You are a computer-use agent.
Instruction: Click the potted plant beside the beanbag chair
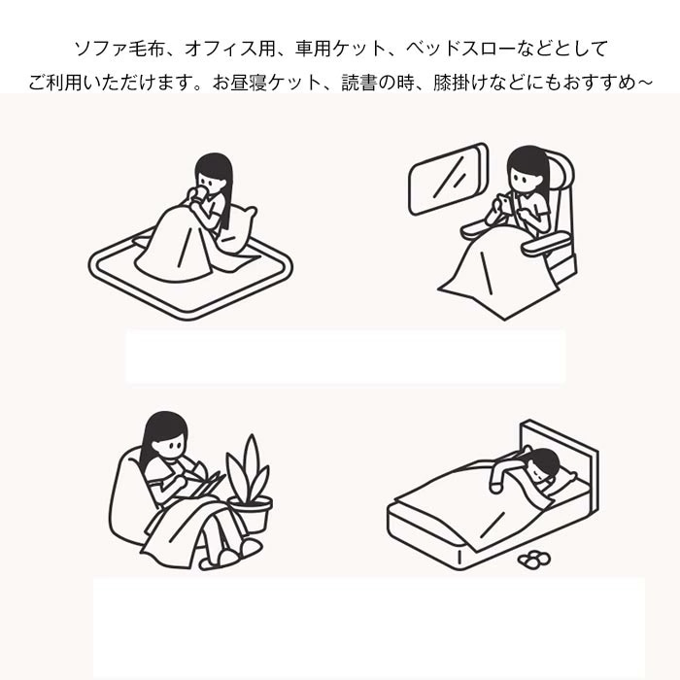click(249, 476)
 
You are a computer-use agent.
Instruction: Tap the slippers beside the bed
click(532, 559)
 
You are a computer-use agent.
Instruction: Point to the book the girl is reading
click(206, 483)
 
